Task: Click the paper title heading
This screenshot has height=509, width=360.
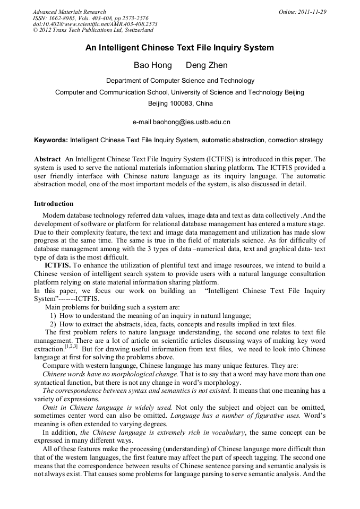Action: pyautogui.click(x=179, y=48)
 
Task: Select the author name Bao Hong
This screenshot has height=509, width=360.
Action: pyautogui.click(x=152, y=65)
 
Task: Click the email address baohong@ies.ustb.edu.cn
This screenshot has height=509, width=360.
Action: pyautogui.click(x=192, y=122)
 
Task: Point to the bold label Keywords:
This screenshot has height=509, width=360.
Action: pyautogui.click(x=51, y=140)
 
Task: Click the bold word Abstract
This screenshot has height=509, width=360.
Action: pyautogui.click(x=47, y=159)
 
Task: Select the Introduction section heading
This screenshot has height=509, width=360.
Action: pyautogui.click(x=54, y=203)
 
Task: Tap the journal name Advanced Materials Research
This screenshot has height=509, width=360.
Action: pyautogui.click(x=69, y=12)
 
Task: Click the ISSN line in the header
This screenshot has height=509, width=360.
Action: pyautogui.click(x=90, y=18)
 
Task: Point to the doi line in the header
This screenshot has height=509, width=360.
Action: pyautogui.click(x=95, y=24)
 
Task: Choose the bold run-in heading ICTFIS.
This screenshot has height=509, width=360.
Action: pyautogui.click(x=57, y=265)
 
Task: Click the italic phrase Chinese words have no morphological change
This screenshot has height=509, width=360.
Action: pyautogui.click(x=110, y=374)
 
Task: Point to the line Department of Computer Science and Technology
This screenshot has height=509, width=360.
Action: pyautogui.click(x=180, y=81)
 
